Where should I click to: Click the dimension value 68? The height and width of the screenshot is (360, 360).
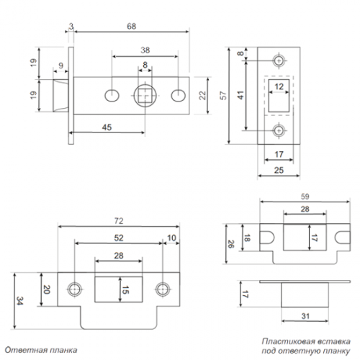pos(130,27)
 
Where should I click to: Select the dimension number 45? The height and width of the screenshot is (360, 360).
pos(106,128)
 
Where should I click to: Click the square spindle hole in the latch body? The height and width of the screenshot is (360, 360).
pos(145,95)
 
